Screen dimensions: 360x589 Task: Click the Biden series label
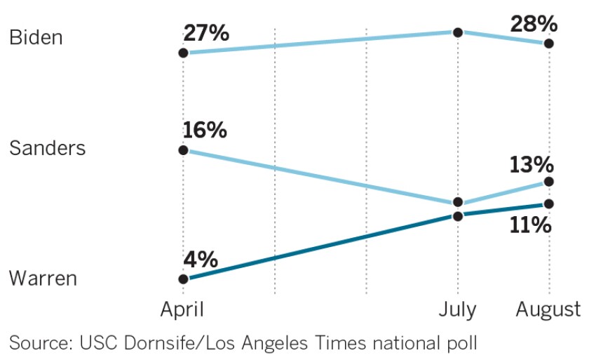36,37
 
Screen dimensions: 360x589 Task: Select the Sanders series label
48,149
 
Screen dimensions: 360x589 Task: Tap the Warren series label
43,279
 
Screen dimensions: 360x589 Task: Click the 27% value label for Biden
206,33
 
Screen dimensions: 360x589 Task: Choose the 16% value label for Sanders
205,131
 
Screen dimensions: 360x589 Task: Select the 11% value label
532,225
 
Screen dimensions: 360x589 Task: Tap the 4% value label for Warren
200,260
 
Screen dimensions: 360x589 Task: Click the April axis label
183,309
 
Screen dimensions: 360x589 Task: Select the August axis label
548,309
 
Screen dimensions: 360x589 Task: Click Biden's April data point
183,53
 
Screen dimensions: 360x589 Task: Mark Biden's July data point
458,32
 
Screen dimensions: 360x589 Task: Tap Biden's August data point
548,44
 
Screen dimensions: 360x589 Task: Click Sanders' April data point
183,150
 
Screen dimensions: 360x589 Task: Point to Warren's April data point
183,279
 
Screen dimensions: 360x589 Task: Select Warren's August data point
548,204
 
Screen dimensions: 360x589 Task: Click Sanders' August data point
548,182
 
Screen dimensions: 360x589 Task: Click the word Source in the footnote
36,343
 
